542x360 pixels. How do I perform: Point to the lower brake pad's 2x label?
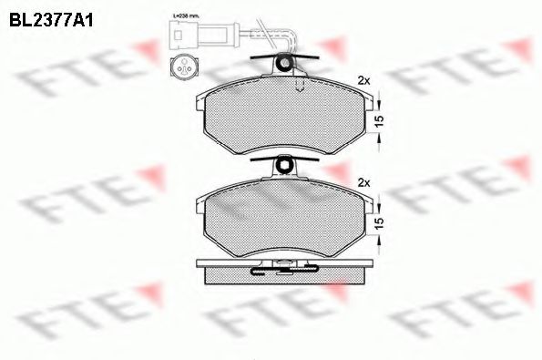coord(364,182)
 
